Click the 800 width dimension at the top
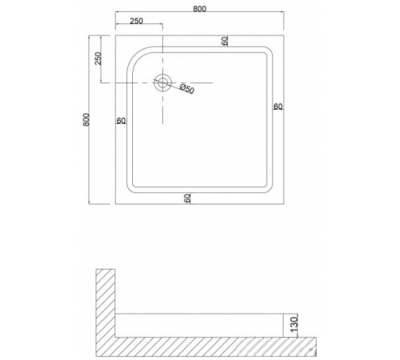tap(199, 9)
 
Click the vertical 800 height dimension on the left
tap(86, 120)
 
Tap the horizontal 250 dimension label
tap(137, 21)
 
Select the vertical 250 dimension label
tap(98, 58)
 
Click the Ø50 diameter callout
tap(187, 89)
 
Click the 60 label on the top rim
tap(225, 41)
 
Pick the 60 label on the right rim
tap(278, 106)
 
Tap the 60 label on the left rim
tap(121, 121)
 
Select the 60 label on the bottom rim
tap(187, 198)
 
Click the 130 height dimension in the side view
tap(294, 324)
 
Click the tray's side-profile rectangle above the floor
tap(199, 325)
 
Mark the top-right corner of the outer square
tap(284, 35)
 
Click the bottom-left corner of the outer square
tap(115, 204)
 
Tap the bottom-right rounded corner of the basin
tap(269, 189)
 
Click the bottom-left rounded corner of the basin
tap(130, 189)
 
